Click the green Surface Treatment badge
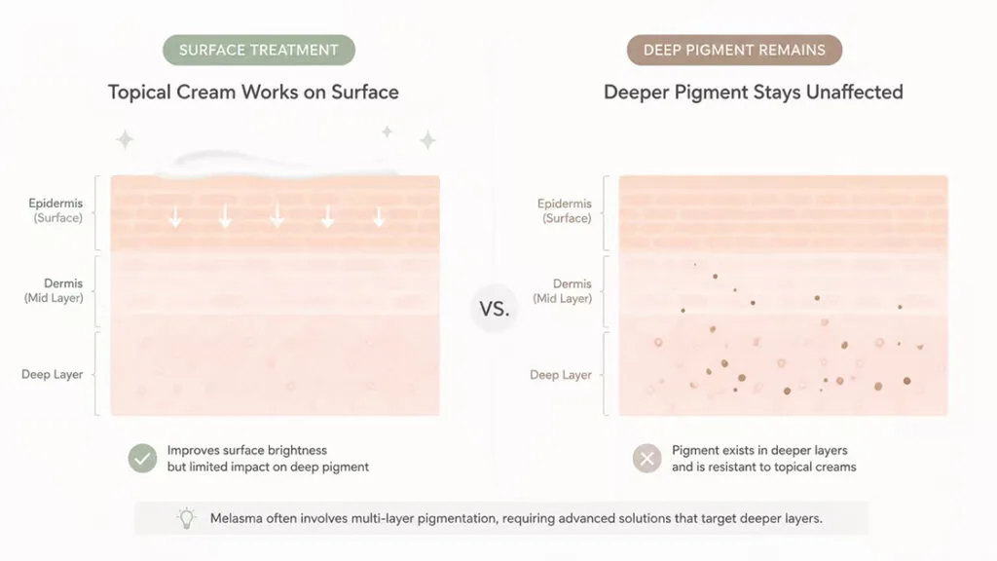tap(259, 51)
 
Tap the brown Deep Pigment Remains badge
tap(734, 51)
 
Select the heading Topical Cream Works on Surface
tap(253, 93)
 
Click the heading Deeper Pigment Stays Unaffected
tap(753, 93)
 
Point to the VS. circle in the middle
tap(494, 309)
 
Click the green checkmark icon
tap(142, 458)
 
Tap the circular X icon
tap(647, 458)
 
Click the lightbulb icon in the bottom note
tap(186, 518)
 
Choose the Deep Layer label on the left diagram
tap(53, 374)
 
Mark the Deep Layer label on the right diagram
tap(561, 375)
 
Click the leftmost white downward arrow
tap(175, 217)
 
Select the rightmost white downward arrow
tap(379, 217)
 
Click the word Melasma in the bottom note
tap(236, 518)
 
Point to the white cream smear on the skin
tap(277, 164)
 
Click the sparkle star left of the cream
tap(125, 139)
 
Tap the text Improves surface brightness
tap(247, 450)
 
